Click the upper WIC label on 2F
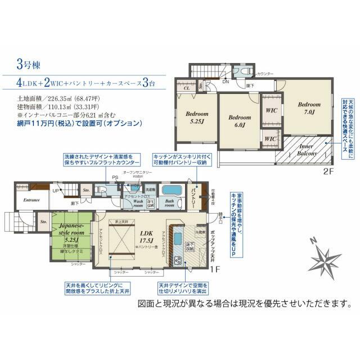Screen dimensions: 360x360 click(x=271, y=111)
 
